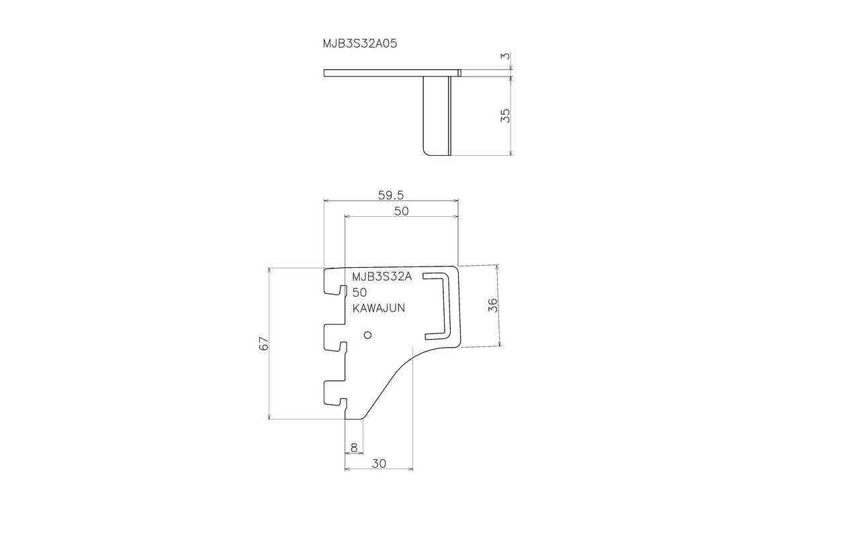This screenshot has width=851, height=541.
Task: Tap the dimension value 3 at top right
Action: pos(506,57)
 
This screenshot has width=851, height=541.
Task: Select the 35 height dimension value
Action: pos(506,115)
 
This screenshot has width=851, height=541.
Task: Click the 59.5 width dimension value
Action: pos(390,195)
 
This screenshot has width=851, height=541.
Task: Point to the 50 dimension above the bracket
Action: pos(401,211)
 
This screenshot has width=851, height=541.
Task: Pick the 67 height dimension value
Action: pos(264,343)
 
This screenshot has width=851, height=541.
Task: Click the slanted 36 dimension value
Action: pos(492,305)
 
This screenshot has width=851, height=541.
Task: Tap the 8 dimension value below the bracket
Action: pos(353,447)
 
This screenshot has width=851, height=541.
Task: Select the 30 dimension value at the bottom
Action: pos(378,463)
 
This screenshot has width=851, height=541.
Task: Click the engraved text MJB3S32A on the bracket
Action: pos(382,277)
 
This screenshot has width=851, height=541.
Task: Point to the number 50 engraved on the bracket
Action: pos(359,293)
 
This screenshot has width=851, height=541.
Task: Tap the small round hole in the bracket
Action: pos(367,334)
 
